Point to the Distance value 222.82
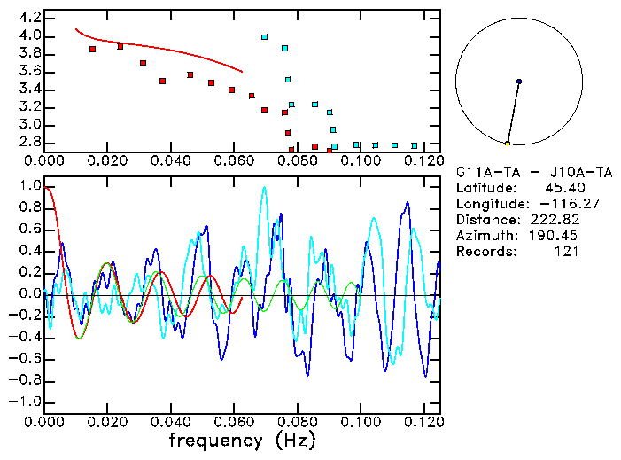[559, 220]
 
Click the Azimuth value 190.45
[559, 236]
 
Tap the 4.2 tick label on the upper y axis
[29, 18]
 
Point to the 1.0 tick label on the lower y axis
[29, 187]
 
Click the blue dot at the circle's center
[519, 82]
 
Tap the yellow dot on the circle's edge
[508, 144]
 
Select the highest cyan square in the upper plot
[265, 37]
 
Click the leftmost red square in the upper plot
[93, 49]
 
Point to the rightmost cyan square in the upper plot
[415, 145]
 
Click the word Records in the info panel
[485, 252]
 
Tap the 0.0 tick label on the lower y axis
[29, 294]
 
